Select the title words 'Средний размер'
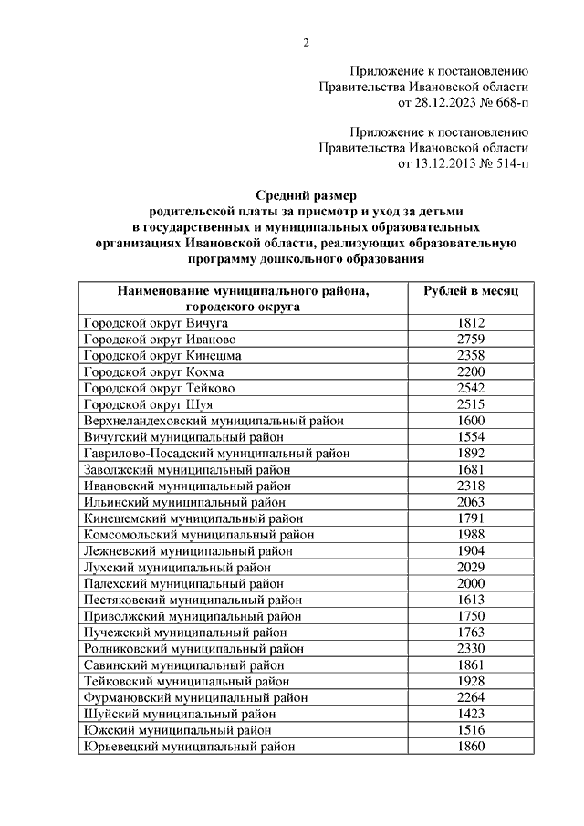[307, 194]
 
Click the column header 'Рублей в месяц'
[471, 290]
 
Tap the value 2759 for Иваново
[471, 339]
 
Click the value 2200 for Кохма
[471, 371]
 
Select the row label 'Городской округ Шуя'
[148, 404]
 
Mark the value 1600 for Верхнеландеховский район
[471, 421]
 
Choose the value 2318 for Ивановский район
[471, 486]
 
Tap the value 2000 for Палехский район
[471, 584]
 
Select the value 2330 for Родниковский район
[471, 648]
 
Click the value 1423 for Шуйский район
[471, 714]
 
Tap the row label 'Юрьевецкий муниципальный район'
[189, 747]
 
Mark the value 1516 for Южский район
[471, 730]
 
